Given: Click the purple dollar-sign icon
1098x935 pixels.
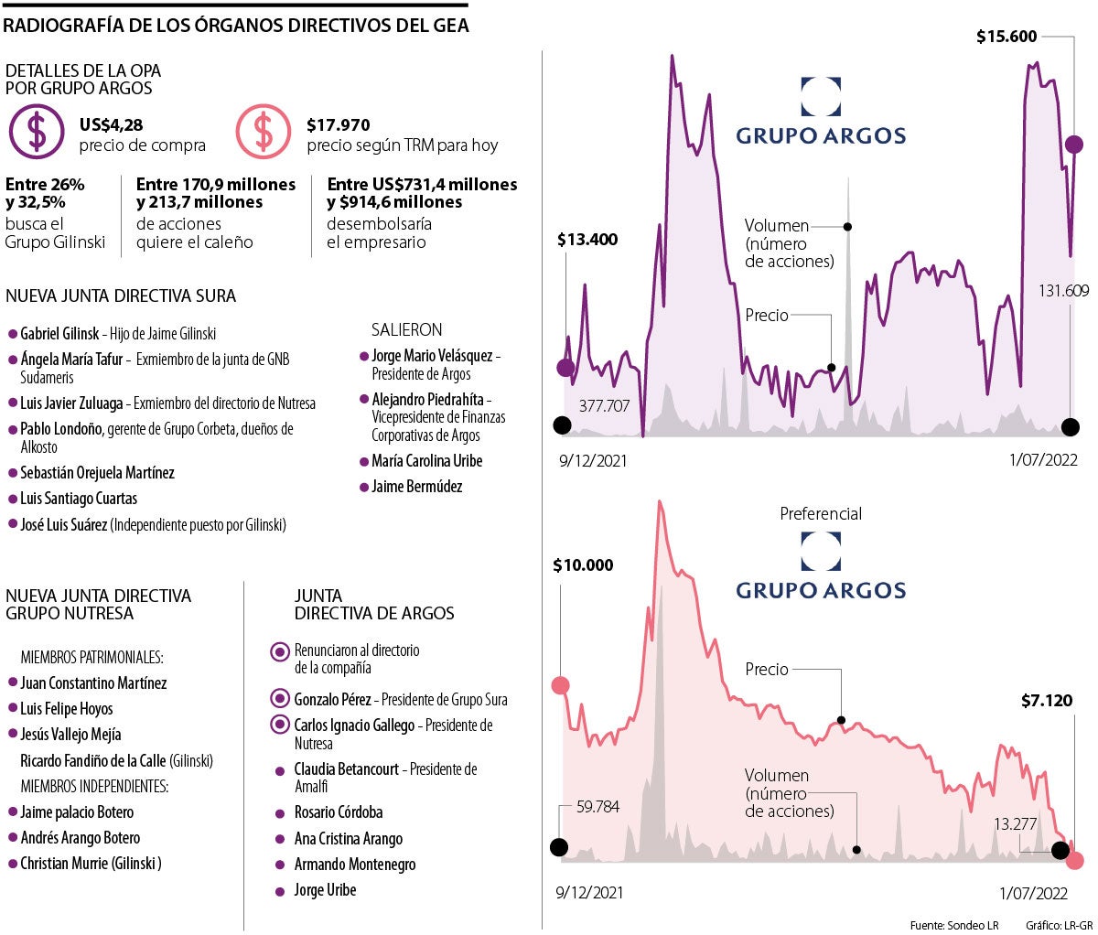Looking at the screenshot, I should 37,133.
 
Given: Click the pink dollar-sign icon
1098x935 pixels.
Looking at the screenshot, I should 264,133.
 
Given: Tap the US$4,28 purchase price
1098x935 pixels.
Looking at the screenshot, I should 112,125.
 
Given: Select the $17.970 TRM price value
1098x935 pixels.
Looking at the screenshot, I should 339,125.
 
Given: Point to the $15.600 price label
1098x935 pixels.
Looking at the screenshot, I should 1006,38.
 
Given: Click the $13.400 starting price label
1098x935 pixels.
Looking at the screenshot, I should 587,241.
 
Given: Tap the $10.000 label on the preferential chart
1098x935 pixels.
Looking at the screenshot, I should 583,566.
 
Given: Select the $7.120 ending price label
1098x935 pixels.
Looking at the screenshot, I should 1047,702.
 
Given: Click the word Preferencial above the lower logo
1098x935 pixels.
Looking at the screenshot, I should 821,514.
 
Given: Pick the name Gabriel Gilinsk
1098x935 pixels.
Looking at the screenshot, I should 59,334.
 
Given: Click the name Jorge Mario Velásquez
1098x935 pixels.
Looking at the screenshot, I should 433,356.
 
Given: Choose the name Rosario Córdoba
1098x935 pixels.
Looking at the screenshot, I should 339,812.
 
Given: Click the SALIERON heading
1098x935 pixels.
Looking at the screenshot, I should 406,329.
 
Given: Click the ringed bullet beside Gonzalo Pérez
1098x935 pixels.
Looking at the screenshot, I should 280,700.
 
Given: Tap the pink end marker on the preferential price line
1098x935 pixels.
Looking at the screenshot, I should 1074,860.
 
